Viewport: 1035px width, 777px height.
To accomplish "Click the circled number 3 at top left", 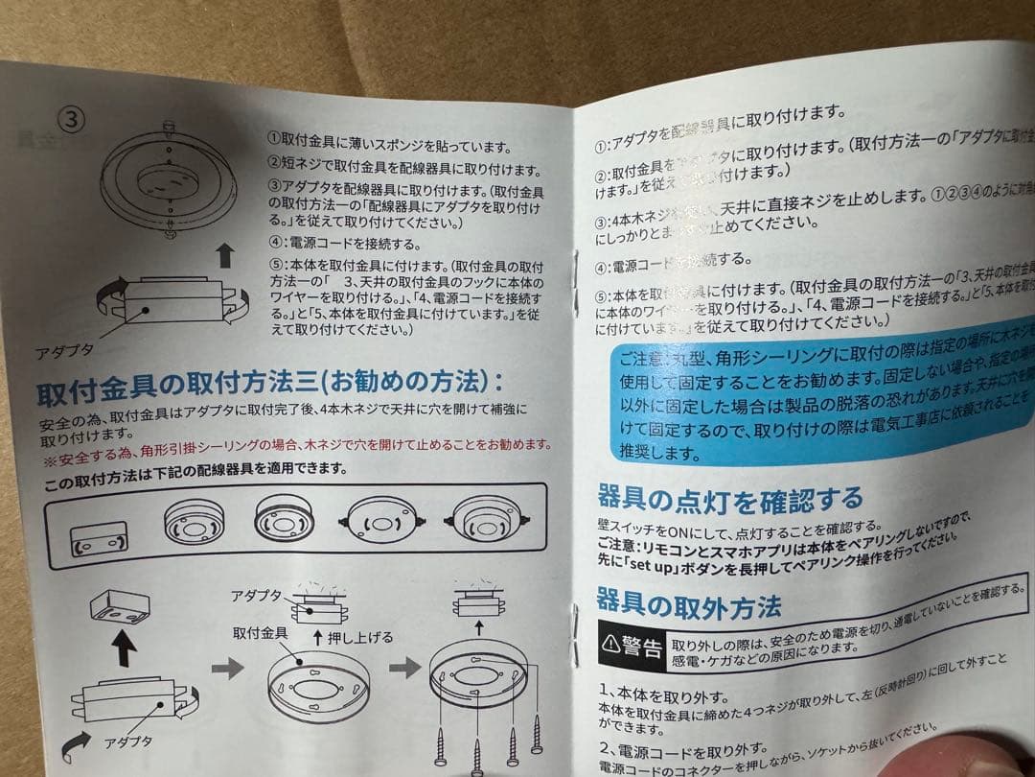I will (x=73, y=119).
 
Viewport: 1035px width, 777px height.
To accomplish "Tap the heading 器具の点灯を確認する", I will (x=728, y=500).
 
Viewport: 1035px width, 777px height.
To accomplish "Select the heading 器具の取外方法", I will (x=687, y=603).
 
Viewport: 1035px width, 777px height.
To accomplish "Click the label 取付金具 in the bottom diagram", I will (x=261, y=633).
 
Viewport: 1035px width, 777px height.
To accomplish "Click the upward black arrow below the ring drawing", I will (x=224, y=255).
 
